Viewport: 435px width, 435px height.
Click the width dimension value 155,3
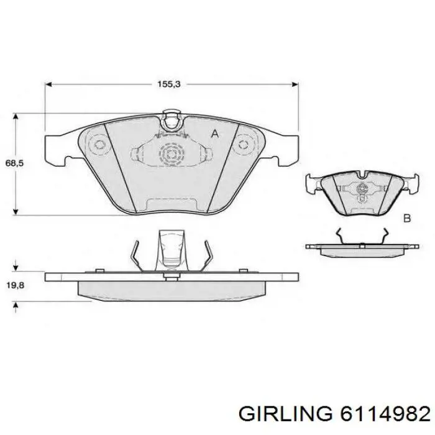(x=169, y=84)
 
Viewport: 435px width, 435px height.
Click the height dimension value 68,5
(x=14, y=163)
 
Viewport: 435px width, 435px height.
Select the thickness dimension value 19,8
(x=16, y=285)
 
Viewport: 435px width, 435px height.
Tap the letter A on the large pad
(x=215, y=134)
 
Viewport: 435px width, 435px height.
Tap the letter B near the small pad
(x=406, y=218)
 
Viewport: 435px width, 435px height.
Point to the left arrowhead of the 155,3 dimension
(x=48, y=84)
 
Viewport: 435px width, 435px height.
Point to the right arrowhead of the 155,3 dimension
(x=295, y=84)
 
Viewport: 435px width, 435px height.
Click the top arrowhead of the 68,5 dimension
(x=16, y=117)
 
